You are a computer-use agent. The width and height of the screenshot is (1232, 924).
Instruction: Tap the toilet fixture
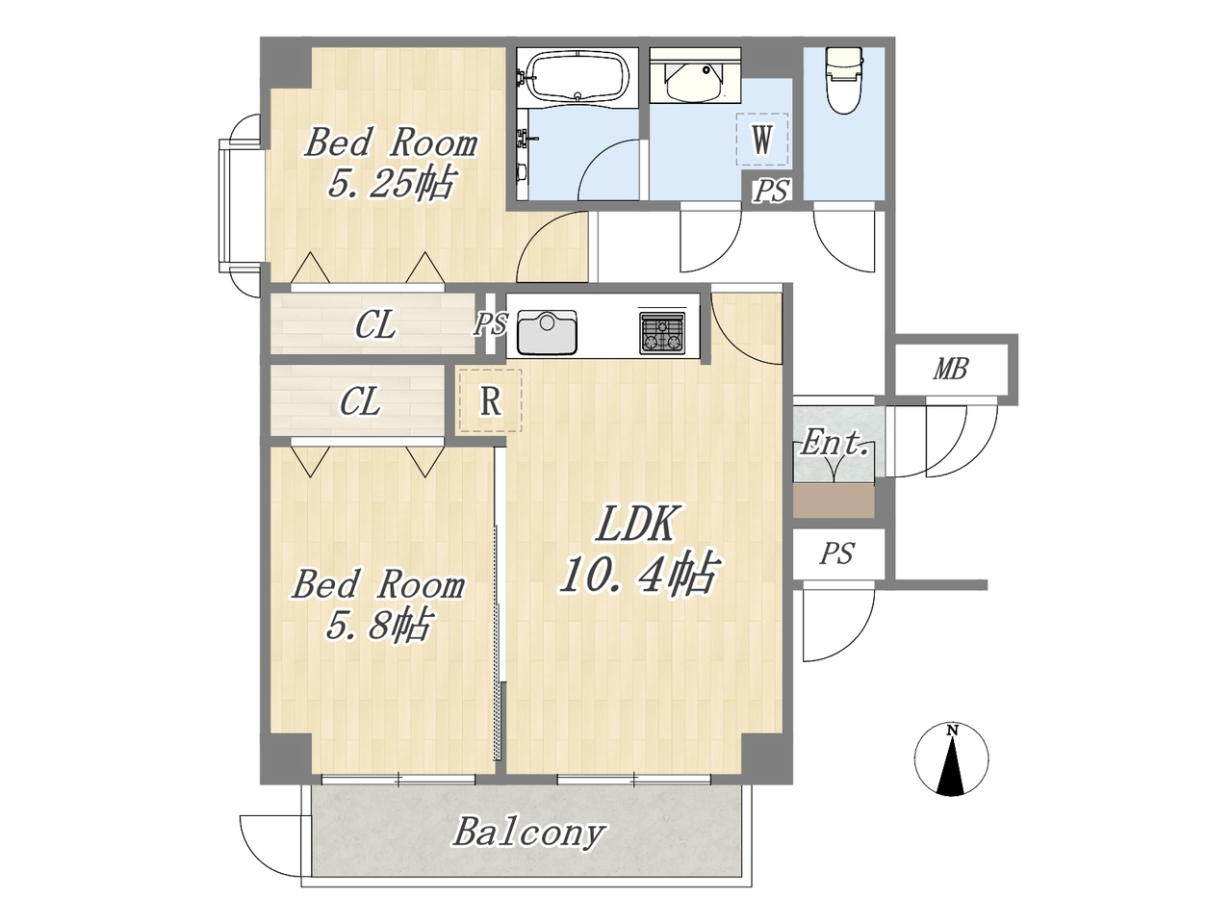[844, 80]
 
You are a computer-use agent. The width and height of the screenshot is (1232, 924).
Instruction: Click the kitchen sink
[547, 333]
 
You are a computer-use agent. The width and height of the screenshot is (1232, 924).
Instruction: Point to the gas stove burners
[662, 333]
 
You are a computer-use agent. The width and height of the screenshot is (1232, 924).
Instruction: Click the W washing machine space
[761, 140]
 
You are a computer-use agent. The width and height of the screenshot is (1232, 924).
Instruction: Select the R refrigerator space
[491, 400]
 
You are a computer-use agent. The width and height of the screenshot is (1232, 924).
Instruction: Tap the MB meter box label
[951, 370]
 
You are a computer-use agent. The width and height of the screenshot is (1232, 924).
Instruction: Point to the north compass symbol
[952, 760]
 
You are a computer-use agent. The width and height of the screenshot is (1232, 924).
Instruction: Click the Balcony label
[529, 832]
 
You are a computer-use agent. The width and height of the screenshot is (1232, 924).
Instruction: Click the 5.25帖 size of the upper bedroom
[391, 183]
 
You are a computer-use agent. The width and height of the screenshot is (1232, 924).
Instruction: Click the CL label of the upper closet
[375, 324]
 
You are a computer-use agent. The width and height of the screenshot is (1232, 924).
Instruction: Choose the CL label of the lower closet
[360, 401]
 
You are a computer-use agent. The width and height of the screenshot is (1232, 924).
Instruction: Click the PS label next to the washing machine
[771, 191]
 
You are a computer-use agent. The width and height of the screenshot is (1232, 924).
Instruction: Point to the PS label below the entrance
[836, 553]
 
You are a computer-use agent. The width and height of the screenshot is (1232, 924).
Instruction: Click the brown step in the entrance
[834, 500]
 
